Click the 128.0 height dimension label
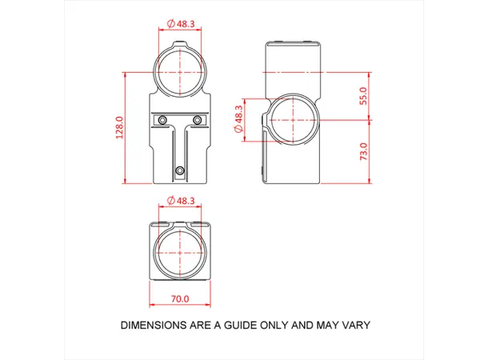[x=120, y=128]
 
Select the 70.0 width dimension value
[x=180, y=299]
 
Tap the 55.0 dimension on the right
[x=364, y=96]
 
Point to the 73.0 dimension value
[x=364, y=152]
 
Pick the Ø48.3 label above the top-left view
[x=181, y=24]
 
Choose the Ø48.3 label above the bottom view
[x=181, y=200]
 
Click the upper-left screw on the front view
[x=163, y=119]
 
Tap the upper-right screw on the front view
[x=198, y=119]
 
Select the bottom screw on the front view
[x=180, y=170]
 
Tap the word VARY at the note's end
[x=351, y=326]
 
